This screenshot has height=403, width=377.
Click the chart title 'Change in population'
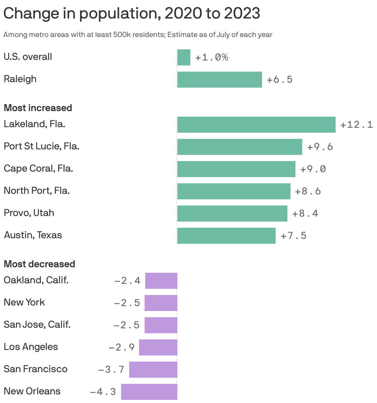click(132, 13)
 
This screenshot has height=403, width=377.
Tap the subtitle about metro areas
click(138, 35)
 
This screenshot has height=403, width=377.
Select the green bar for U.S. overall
click(184, 57)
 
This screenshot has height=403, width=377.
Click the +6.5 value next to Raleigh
click(279, 80)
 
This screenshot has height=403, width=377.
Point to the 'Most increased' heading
click(38, 108)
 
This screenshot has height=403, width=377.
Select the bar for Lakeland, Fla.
click(256, 125)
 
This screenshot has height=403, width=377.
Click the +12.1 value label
click(356, 125)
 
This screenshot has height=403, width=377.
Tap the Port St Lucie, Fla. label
click(41, 146)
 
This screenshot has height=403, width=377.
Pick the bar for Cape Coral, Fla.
click(236, 169)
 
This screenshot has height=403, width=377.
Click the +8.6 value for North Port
click(308, 191)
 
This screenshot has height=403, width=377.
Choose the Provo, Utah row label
click(29, 213)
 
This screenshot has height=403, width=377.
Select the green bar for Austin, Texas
click(226, 236)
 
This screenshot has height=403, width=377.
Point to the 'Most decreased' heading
click(39, 264)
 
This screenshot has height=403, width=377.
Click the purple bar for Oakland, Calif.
click(161, 281)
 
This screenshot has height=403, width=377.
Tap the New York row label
click(24, 302)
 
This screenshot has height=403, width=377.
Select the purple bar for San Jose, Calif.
click(161, 325)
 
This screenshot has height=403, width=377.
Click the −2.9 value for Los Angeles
click(122, 347)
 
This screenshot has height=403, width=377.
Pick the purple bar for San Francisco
click(153, 370)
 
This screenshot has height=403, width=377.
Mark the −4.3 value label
click(103, 392)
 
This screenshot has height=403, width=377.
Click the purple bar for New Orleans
click(149, 392)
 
